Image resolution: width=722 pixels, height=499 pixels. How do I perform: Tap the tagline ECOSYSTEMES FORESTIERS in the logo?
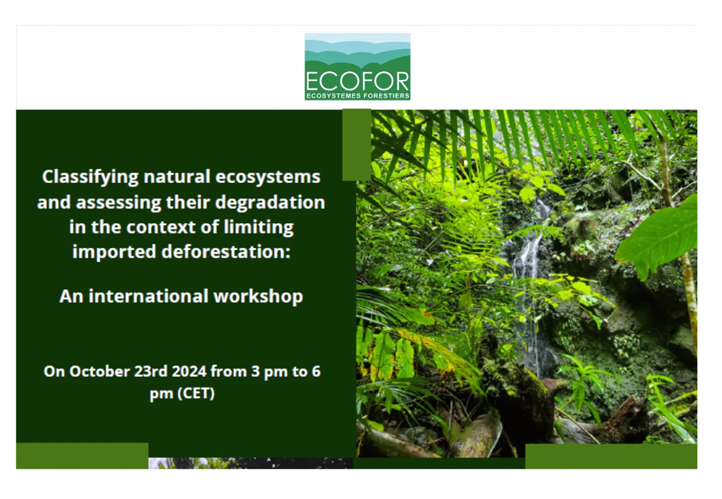point(358,96)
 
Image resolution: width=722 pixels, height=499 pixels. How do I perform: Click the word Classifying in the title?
point(90,177)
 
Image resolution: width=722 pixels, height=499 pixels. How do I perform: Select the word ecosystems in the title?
point(268,177)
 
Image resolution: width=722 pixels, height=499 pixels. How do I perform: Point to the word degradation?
point(270,202)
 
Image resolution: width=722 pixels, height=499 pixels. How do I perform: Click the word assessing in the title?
point(118,203)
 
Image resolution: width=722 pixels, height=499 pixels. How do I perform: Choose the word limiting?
point(259,228)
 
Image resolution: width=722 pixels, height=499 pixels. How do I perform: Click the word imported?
point(114,252)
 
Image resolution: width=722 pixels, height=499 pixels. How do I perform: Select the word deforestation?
point(226,252)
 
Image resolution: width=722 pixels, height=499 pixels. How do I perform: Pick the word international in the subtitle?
point(148,296)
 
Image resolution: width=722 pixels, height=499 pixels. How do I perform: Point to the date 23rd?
point(151,372)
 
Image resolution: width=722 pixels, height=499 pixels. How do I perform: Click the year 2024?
point(189,372)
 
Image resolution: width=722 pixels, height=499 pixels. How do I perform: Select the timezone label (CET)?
point(196,394)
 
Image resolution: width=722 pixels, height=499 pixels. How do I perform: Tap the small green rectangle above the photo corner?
point(356,145)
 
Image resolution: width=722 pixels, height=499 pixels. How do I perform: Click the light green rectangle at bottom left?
point(82,456)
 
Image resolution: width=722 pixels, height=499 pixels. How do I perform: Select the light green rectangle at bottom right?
point(611,456)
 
